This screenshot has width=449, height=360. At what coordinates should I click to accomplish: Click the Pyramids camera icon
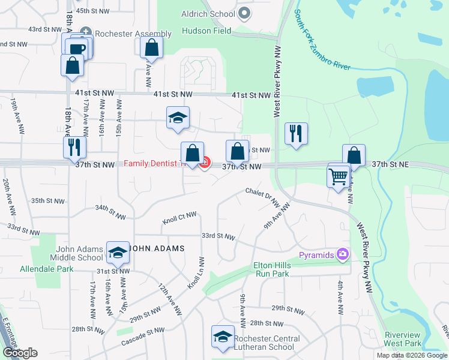343,254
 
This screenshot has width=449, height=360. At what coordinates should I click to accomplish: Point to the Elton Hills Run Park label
280,269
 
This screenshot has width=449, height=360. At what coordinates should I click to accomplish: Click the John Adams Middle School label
80,253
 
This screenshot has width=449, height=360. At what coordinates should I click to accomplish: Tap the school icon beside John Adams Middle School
118,253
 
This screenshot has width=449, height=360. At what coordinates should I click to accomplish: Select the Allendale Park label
47,269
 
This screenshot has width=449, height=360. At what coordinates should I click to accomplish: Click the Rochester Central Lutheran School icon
223,337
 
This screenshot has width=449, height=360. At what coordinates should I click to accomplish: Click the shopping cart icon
339,176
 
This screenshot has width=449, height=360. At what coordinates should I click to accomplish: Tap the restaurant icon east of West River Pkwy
296,134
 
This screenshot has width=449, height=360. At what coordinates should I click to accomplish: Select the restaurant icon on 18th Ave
75,148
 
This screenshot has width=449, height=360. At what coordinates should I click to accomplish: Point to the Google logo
20,353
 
